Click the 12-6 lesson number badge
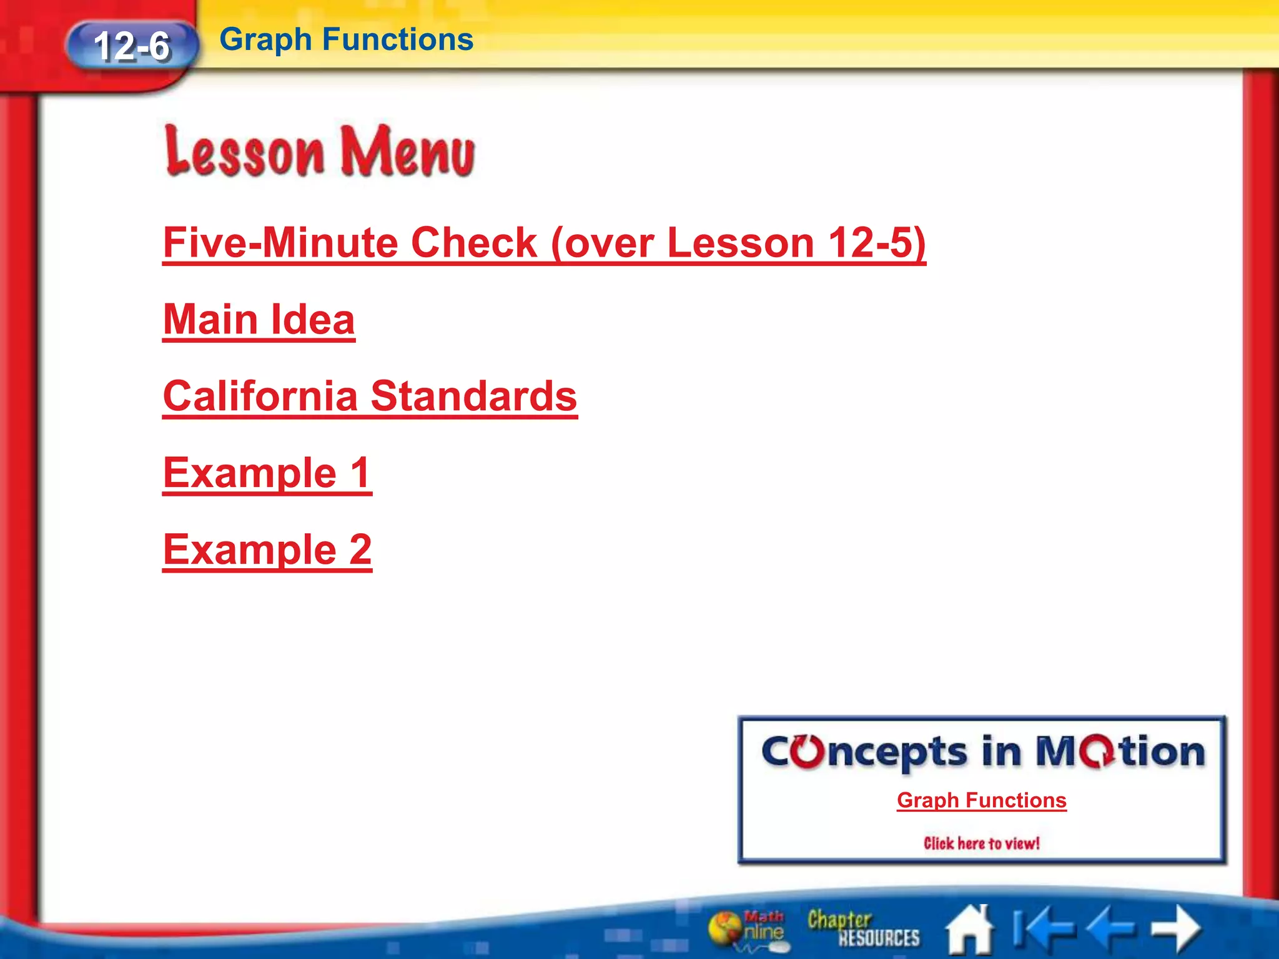click(x=132, y=46)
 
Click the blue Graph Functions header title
click(x=346, y=39)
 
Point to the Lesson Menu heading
click(x=320, y=151)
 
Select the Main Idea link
click(x=259, y=320)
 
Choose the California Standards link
click(x=370, y=396)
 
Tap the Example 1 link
click(x=267, y=473)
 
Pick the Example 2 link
click(x=267, y=549)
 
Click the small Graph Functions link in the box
click(x=982, y=800)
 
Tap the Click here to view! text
click(x=982, y=843)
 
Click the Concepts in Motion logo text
click(x=982, y=752)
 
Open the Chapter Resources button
click(x=863, y=929)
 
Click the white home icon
click(x=969, y=930)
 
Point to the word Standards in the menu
click(x=474, y=396)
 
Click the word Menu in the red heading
click(x=407, y=152)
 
